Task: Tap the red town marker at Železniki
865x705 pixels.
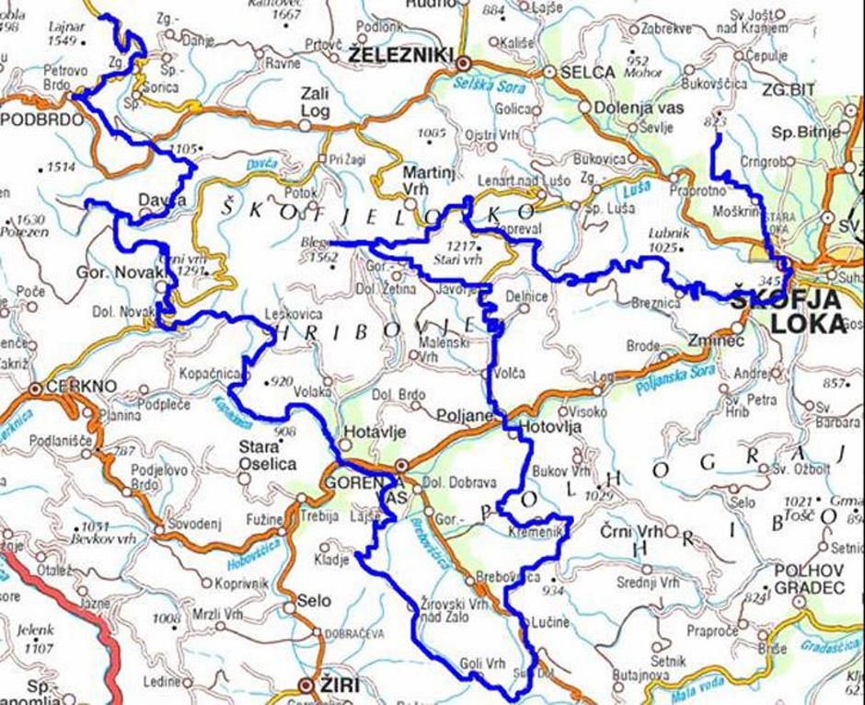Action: [464, 62]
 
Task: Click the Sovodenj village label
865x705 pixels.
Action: [195, 524]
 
